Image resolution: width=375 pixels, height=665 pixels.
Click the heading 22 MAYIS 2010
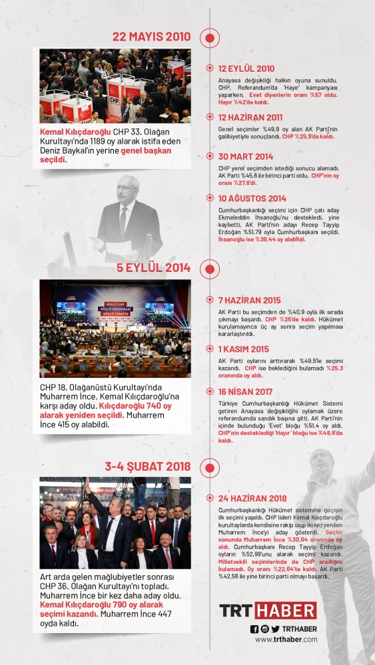pos(151,37)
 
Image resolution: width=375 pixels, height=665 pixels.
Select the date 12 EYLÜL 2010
pos(246,68)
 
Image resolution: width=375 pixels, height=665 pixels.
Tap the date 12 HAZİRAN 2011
pos(250,117)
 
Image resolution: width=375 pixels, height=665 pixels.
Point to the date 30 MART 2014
pos(245,157)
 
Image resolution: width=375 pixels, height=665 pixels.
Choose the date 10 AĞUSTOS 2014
pos(252,198)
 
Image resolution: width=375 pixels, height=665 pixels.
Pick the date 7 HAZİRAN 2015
pos(249,300)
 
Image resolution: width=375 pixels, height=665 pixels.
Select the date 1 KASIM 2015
pos(243,349)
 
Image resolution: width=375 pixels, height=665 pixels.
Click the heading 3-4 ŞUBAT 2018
pos(147,465)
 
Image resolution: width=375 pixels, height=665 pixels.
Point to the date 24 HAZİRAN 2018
pos(252,498)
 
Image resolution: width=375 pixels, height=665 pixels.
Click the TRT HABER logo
pos(268,610)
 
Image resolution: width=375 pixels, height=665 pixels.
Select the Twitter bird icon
pos(275,629)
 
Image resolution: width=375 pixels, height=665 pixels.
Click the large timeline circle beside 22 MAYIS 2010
pos(209,37)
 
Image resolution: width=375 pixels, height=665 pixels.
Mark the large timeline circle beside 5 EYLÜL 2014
pos(209,269)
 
